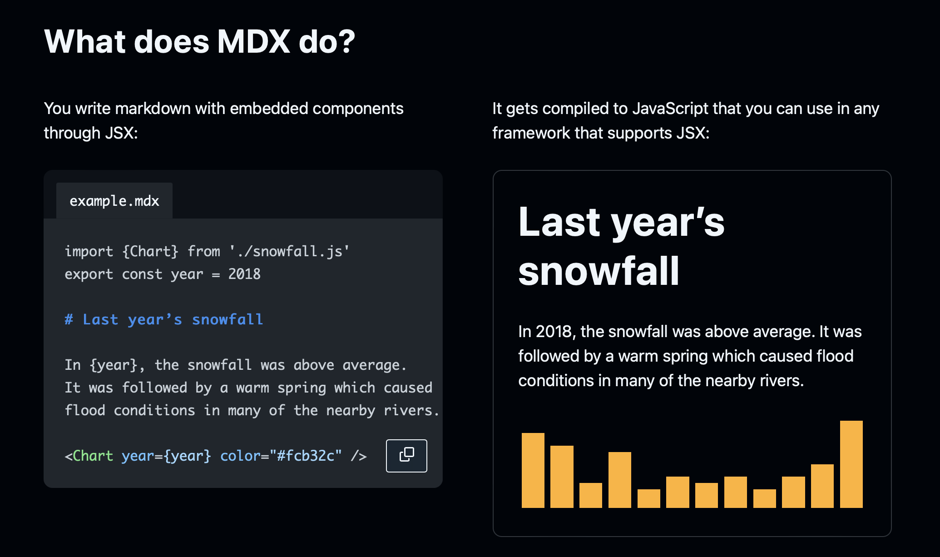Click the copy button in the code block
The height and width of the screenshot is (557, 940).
tap(406, 456)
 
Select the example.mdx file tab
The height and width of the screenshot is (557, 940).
tap(114, 201)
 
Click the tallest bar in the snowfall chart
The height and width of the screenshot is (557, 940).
tap(851, 464)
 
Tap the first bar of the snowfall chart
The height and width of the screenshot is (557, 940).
tap(533, 470)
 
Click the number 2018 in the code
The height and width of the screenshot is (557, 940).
tap(244, 274)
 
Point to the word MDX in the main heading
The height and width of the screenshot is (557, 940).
tap(253, 42)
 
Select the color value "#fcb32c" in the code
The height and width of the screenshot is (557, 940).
tap(306, 456)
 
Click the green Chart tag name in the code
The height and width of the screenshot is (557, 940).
tap(93, 456)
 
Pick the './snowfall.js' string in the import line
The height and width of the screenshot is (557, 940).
tap(289, 251)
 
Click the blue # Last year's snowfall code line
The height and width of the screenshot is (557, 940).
tap(164, 319)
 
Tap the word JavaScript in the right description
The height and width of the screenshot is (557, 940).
tap(670, 109)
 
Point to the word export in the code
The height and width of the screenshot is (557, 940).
tap(89, 274)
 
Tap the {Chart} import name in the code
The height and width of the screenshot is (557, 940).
tap(150, 251)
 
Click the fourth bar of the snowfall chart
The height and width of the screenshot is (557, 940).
tap(620, 480)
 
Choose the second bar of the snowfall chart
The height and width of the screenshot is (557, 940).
tap(562, 477)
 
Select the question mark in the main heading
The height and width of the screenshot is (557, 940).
tap(346, 42)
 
